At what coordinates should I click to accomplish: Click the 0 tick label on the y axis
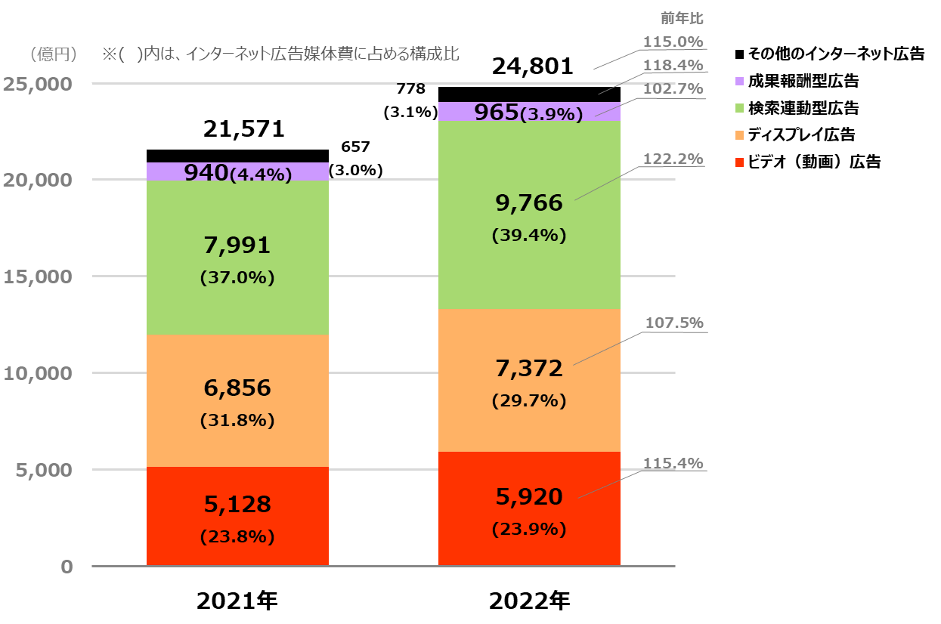pyautogui.click(x=67, y=567)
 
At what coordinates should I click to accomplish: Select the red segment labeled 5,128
pyautogui.click(x=237, y=516)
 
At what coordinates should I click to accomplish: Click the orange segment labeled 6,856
pyautogui.click(x=237, y=400)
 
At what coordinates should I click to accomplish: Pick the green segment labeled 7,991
pyautogui.click(x=237, y=258)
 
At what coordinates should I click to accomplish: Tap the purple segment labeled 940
pyautogui.click(x=237, y=172)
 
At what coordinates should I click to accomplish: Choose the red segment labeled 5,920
pyautogui.click(x=529, y=508)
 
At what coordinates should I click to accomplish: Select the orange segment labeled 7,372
pyautogui.click(x=529, y=380)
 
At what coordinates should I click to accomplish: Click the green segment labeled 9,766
pyautogui.click(x=529, y=215)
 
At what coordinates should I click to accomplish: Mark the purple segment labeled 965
pyautogui.click(x=529, y=112)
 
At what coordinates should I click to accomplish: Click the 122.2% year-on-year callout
pyautogui.click(x=673, y=159)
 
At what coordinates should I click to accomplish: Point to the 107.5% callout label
pyautogui.click(x=673, y=323)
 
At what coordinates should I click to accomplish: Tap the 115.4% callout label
pyautogui.click(x=673, y=463)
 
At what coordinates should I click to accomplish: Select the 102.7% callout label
pyautogui.click(x=673, y=89)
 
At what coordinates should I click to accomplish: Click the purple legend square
pyautogui.click(x=739, y=81)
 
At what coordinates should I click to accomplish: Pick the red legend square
pyautogui.click(x=739, y=162)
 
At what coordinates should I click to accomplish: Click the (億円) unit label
pyautogui.click(x=54, y=54)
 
